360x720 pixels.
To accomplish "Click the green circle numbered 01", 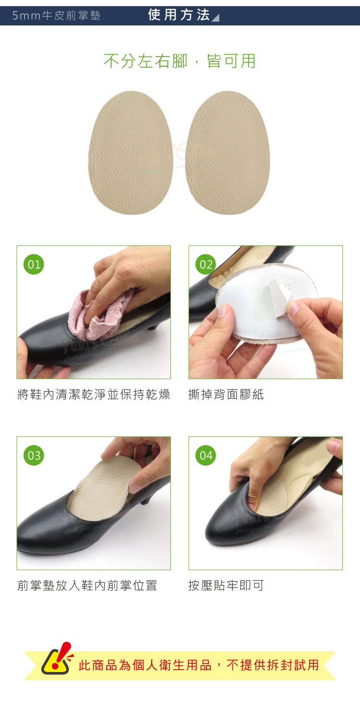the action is tap(34, 264).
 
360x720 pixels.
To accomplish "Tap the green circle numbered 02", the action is tap(206, 264).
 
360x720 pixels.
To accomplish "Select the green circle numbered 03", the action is tap(34, 455).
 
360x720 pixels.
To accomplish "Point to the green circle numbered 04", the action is tap(206, 455).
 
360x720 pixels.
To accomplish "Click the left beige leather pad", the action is tap(131, 153).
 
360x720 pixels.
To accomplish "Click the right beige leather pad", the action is tap(228, 153).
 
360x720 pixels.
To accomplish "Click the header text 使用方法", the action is tap(179, 15).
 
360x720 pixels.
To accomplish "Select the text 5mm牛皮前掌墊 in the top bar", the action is tap(56, 15).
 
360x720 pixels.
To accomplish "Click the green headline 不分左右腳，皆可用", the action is tap(180, 61).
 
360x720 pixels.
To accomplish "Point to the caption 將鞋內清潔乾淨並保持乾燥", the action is tap(94, 395).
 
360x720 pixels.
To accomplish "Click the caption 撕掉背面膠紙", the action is tap(226, 395).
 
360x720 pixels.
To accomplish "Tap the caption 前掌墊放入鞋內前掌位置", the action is tap(87, 585).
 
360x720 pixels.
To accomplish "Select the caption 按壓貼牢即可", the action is tap(226, 585).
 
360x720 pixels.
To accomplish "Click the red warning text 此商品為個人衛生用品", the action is tap(145, 665).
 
